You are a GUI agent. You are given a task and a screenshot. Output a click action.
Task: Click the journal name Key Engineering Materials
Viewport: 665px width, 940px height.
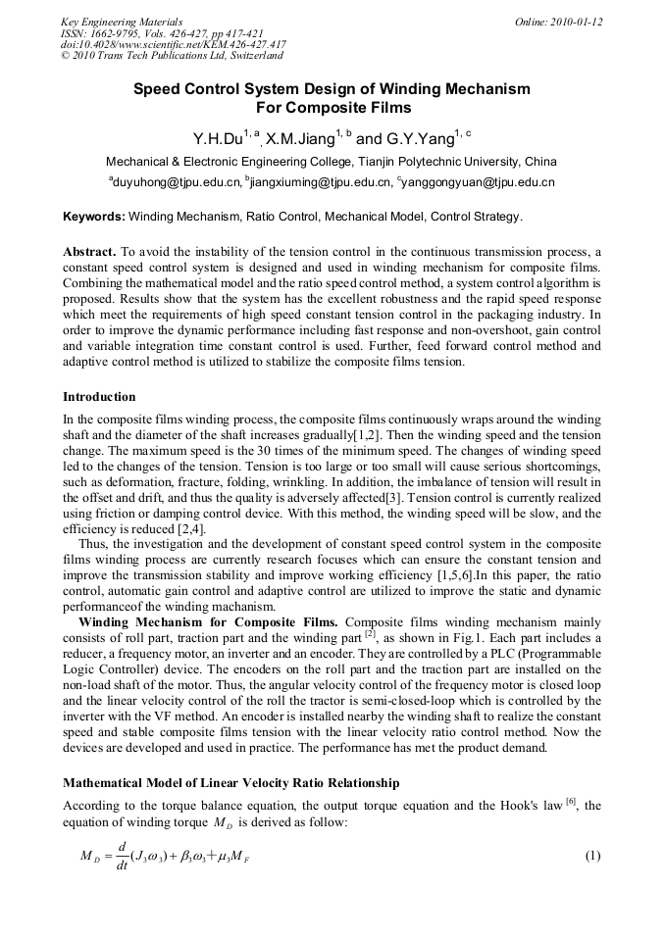click(x=122, y=22)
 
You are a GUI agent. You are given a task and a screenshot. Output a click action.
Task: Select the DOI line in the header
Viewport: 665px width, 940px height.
click(x=174, y=44)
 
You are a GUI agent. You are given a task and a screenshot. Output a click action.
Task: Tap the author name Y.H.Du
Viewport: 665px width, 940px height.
click(x=217, y=138)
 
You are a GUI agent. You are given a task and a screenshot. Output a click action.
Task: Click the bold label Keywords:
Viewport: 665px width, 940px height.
click(x=94, y=216)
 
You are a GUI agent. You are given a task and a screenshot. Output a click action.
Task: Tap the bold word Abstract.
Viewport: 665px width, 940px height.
click(x=89, y=251)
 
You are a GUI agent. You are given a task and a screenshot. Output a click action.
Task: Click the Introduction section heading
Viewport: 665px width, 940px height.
click(x=99, y=397)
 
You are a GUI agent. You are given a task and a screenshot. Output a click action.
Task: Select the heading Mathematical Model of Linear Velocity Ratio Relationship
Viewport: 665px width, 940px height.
click(x=230, y=783)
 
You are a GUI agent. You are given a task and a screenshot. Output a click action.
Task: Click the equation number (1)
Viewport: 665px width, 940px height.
click(x=591, y=856)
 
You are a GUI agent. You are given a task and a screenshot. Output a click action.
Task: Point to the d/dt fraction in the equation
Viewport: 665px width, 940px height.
click(x=121, y=856)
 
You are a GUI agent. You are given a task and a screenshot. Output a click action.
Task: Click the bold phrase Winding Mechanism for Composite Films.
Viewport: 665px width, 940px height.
click(x=209, y=622)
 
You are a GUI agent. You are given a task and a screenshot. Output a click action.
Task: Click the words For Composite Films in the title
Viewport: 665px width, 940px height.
click(x=332, y=108)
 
